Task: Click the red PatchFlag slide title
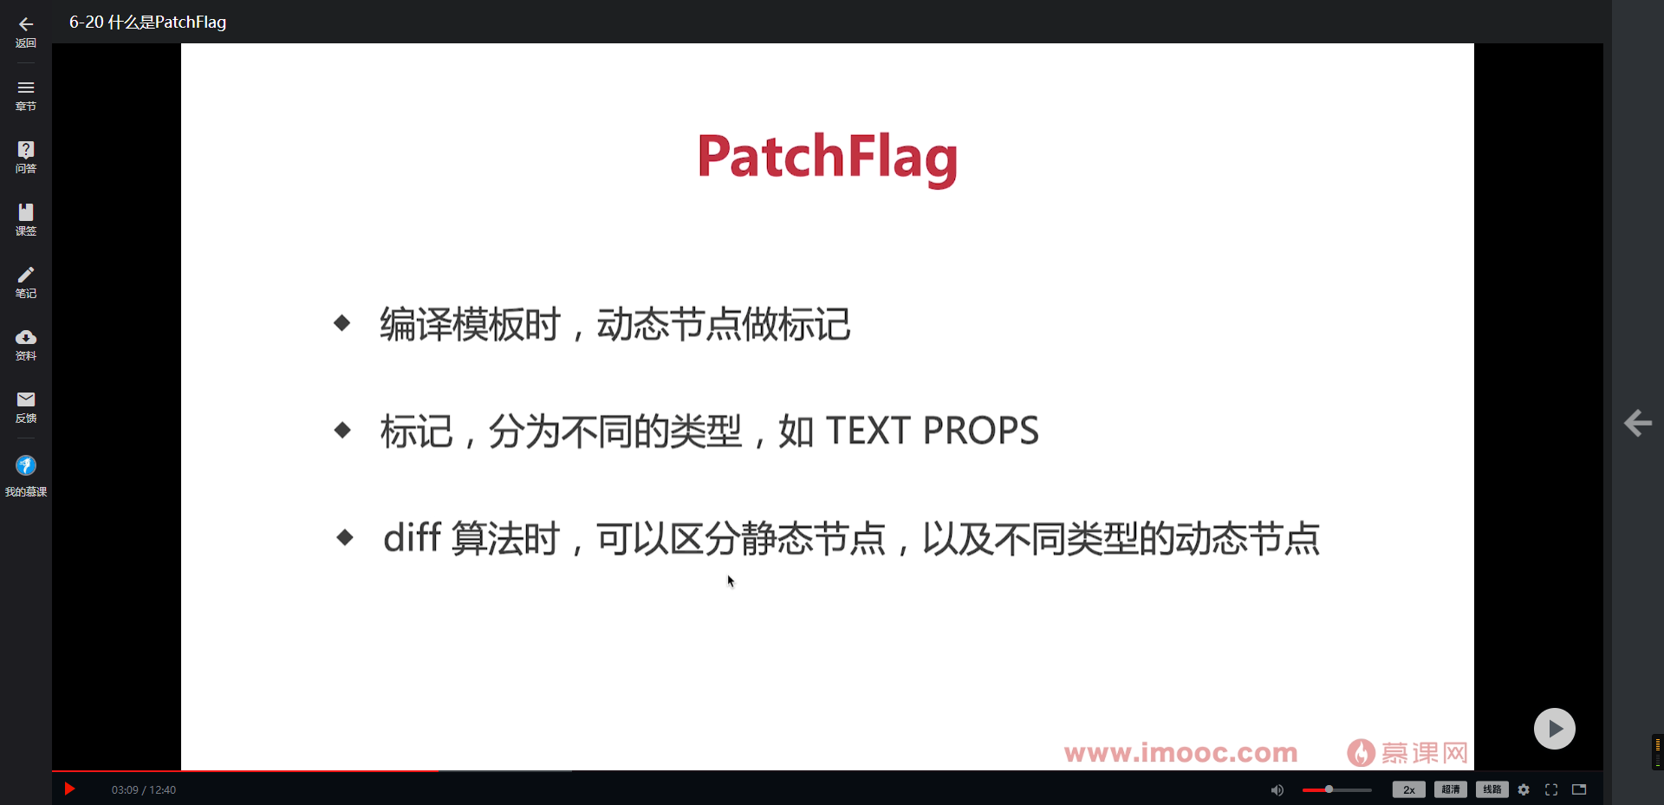[x=827, y=158]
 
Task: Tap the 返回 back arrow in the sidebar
[x=26, y=25]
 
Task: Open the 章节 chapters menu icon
[x=26, y=88]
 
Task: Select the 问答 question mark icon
[x=26, y=150]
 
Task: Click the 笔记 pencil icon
[x=26, y=275]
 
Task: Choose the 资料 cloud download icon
[x=26, y=337]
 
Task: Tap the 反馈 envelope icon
[x=26, y=399]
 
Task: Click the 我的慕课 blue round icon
[x=26, y=466]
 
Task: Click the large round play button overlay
[x=1554, y=729]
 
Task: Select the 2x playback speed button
[x=1408, y=789]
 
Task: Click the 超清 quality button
[x=1450, y=789]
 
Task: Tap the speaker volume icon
[x=1277, y=790]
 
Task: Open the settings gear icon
[x=1524, y=789]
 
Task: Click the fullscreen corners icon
[x=1551, y=789]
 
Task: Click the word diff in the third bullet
[x=412, y=538]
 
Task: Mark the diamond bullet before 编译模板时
[x=342, y=323]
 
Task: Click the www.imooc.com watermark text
[x=1180, y=752]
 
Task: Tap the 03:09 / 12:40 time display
[x=144, y=790]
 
